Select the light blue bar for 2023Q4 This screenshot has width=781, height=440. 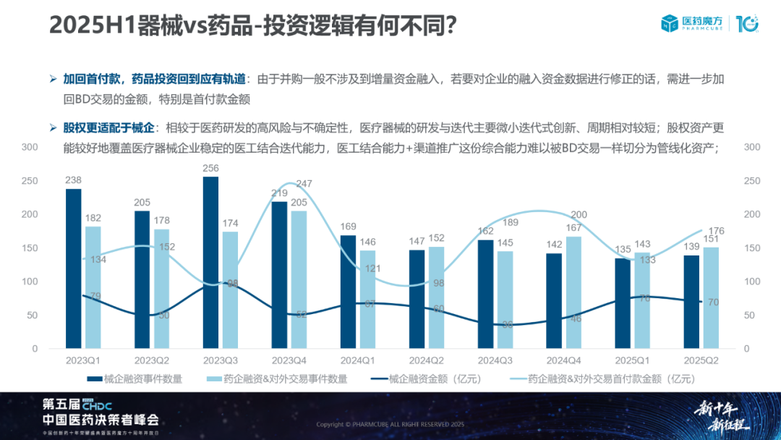(299, 279)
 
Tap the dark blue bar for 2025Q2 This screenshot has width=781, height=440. (691, 302)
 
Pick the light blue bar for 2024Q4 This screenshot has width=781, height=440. (573, 292)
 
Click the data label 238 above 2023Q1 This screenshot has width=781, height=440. (73, 180)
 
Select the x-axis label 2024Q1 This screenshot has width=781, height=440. (358, 360)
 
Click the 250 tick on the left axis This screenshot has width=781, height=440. (30, 181)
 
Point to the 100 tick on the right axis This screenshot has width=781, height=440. (752, 282)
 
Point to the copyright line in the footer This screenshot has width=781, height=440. (390, 424)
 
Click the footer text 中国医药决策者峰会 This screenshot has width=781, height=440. (101, 420)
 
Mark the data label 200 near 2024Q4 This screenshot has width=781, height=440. (579, 215)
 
